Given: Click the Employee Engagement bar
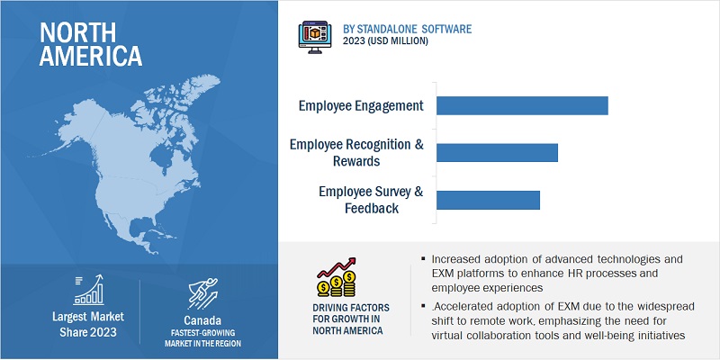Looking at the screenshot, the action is tap(522, 105).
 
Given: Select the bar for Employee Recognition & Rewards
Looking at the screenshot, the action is tap(498, 152).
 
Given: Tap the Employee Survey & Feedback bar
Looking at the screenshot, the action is tap(488, 200).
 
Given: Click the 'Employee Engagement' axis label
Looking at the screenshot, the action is tap(361, 106).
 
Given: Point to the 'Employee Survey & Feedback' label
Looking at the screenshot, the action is tap(371, 200).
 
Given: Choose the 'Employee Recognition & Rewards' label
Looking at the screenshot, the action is tap(356, 152).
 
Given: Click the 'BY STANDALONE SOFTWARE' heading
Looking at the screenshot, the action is tap(407, 30).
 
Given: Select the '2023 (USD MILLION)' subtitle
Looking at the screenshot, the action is tap(385, 41).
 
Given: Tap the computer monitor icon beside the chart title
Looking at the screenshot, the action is tap(314, 37).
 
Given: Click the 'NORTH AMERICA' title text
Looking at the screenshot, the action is tap(91, 44).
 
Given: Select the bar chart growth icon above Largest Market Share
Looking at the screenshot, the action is tap(88, 290).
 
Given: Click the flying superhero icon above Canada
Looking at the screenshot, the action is tap(202, 293).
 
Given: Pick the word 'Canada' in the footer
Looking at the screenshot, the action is tap(202, 320).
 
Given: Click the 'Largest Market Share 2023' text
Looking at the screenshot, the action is tap(88, 324).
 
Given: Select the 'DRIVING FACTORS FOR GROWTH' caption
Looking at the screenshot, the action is tap(351, 319).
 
